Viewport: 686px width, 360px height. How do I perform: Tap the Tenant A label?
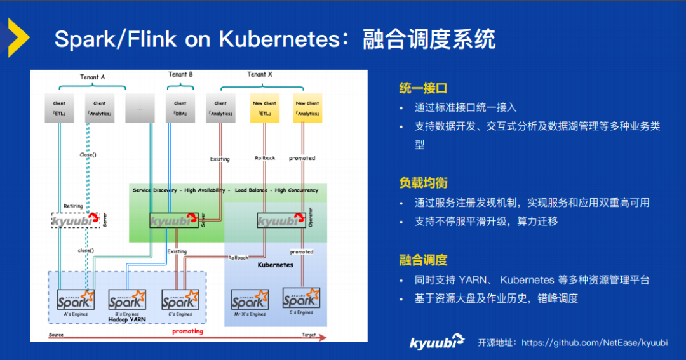[92, 77]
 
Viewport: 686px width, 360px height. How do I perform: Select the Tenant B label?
[180, 74]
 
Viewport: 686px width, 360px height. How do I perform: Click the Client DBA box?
[180, 108]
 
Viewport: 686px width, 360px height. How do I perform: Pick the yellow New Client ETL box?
[264, 108]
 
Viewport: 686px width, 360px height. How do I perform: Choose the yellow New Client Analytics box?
[307, 108]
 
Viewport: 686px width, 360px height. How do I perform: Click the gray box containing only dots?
[140, 108]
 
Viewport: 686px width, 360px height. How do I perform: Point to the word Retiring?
[73, 206]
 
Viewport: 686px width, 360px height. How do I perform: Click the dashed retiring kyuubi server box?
[77, 220]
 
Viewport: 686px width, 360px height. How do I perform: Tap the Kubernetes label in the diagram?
[275, 265]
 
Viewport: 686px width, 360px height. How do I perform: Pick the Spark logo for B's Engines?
[127, 300]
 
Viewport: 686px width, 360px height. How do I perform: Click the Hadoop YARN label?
[127, 319]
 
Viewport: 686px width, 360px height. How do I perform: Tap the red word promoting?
[188, 331]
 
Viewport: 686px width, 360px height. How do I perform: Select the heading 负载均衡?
[423, 183]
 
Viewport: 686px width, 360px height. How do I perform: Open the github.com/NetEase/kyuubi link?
[595, 343]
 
